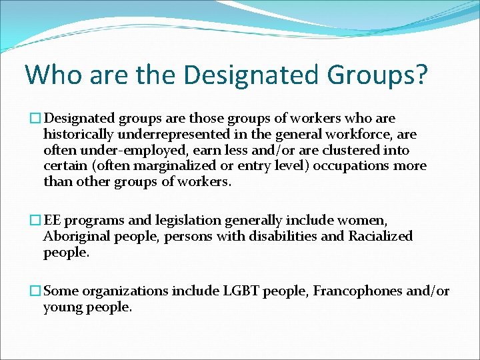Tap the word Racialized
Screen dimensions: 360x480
coord(381,236)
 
